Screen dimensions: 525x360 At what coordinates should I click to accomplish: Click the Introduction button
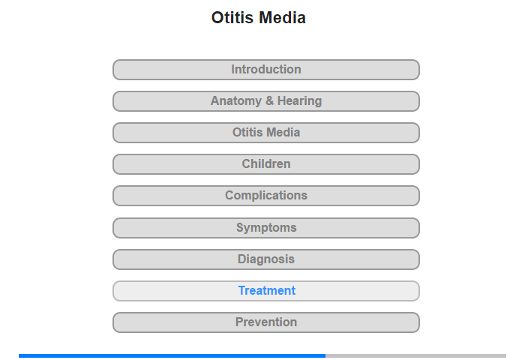pos(265,70)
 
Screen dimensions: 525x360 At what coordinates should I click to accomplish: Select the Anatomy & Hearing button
pos(265,101)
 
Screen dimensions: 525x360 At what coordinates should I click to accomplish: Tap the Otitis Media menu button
pos(265,133)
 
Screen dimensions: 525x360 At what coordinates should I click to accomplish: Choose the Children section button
pos(265,164)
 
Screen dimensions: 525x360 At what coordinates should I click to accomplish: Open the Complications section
pos(265,196)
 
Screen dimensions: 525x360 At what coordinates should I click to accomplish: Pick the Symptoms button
pos(265,228)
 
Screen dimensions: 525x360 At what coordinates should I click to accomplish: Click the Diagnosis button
pos(265,259)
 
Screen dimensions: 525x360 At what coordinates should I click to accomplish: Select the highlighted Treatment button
pos(265,291)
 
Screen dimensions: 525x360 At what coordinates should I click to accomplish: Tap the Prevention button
pos(265,322)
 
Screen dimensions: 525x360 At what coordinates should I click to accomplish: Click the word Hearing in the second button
pos(300,101)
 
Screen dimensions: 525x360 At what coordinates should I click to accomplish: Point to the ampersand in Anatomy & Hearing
pos(269,101)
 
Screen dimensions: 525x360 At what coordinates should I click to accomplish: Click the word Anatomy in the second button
pos(236,101)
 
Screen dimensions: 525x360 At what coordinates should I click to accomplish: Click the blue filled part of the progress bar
pos(172,355)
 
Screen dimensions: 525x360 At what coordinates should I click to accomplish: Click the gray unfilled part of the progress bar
pos(415,355)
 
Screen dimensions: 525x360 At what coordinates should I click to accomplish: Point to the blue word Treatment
pos(267,291)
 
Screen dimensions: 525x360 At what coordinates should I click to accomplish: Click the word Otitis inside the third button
pos(247,133)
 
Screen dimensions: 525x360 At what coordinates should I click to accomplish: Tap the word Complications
pos(266,196)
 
